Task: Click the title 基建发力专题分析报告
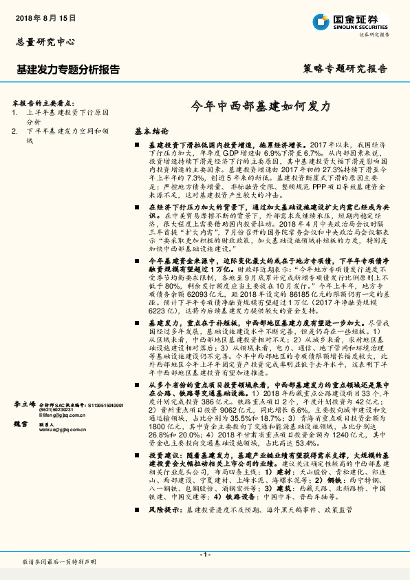click(x=68, y=70)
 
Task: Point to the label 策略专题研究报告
click(x=345, y=69)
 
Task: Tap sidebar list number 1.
click(x=14, y=110)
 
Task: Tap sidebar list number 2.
click(x=14, y=130)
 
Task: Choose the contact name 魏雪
click(x=22, y=424)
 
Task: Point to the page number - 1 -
click(x=204, y=555)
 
